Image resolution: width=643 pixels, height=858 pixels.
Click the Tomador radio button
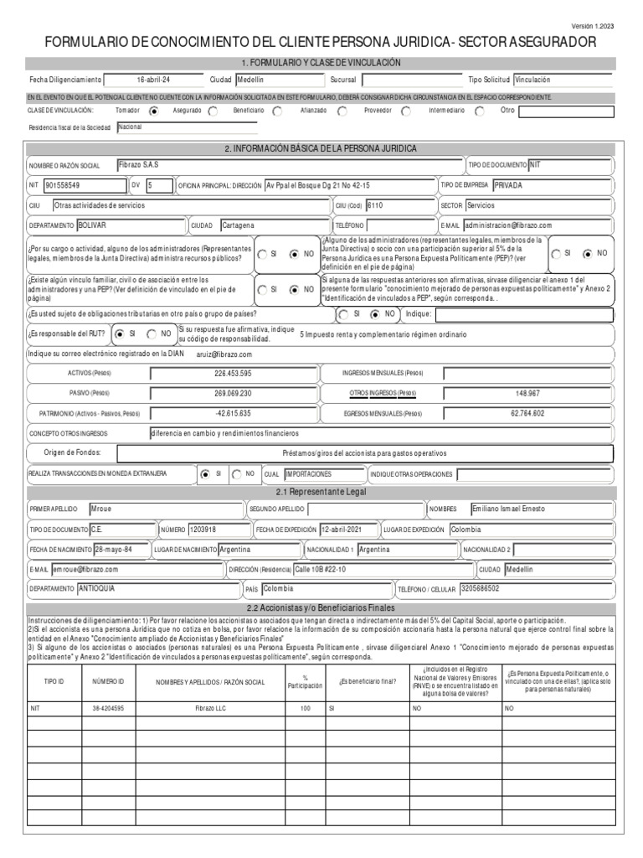(153, 111)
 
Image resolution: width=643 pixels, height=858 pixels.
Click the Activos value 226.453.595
(233, 374)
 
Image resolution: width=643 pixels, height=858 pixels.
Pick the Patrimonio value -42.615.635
(233, 414)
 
